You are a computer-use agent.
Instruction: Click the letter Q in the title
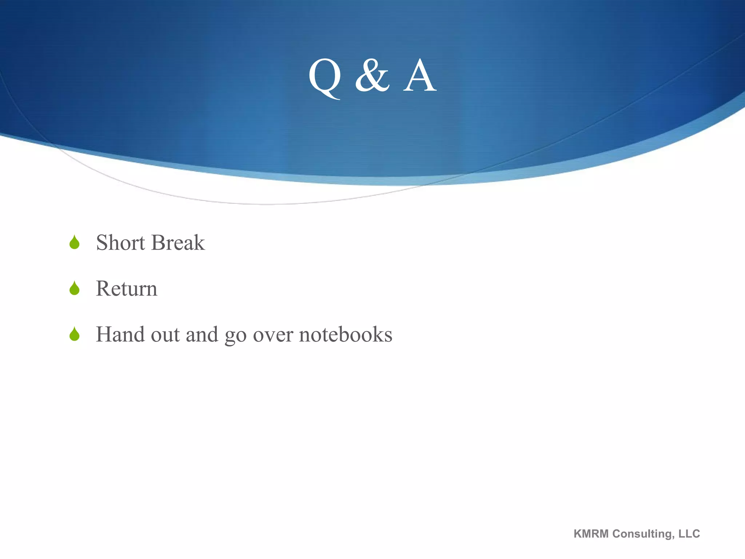point(324,77)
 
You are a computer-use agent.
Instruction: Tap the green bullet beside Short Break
point(75,242)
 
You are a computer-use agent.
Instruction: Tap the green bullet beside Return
point(75,288)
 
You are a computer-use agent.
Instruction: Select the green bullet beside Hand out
point(75,334)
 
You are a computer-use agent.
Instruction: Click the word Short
point(120,243)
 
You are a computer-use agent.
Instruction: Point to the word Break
point(178,243)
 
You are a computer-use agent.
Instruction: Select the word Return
point(127,289)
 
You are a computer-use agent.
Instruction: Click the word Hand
point(120,334)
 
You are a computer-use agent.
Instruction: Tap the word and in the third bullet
point(202,334)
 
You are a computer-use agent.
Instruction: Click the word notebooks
point(346,334)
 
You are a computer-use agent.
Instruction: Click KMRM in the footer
point(591,534)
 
